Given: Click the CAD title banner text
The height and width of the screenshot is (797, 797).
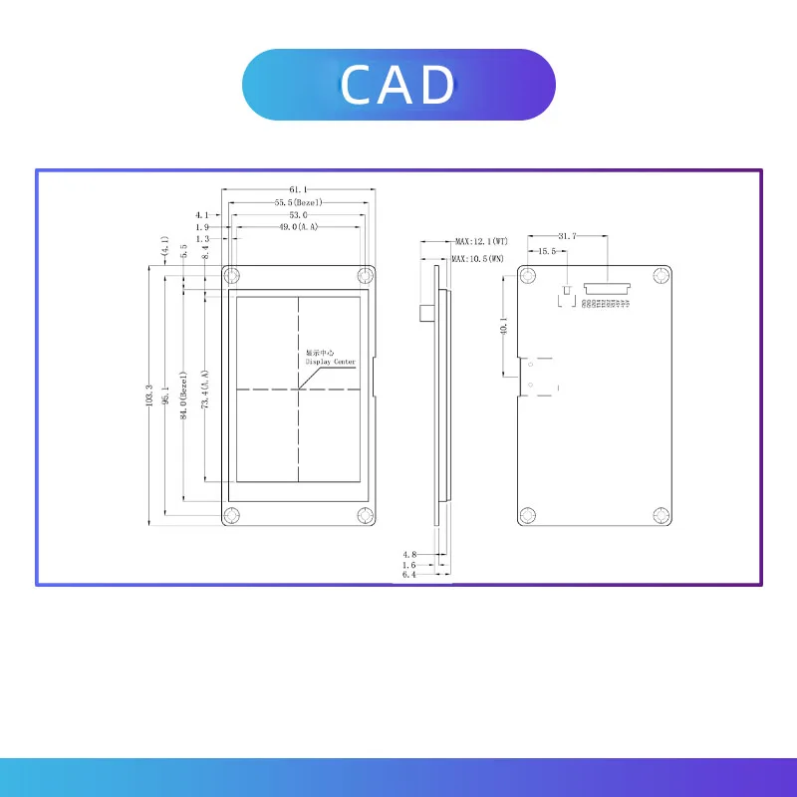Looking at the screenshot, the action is [398, 85].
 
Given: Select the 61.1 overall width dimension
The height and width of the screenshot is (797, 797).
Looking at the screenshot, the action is [298, 188].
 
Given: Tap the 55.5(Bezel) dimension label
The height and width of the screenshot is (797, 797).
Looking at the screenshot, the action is [299, 202].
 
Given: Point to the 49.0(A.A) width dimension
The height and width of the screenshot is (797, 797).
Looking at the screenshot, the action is [298, 227].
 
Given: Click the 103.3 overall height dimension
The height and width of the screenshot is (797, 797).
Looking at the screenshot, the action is [149, 396].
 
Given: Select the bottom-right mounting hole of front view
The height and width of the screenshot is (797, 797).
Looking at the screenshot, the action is [366, 514].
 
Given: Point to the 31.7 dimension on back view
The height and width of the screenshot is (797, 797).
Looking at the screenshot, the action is [568, 236].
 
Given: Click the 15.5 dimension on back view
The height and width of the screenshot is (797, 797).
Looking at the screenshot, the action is [547, 252].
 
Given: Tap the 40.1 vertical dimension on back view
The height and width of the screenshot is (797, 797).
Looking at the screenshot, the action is [504, 326].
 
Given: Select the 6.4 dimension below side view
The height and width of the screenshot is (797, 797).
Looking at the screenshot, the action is [409, 575].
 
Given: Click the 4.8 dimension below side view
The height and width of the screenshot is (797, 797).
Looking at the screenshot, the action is [409, 554].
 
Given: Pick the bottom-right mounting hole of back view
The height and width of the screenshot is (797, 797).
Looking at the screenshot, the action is [661, 514].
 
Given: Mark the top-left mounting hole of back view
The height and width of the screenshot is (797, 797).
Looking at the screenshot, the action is [527, 276].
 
